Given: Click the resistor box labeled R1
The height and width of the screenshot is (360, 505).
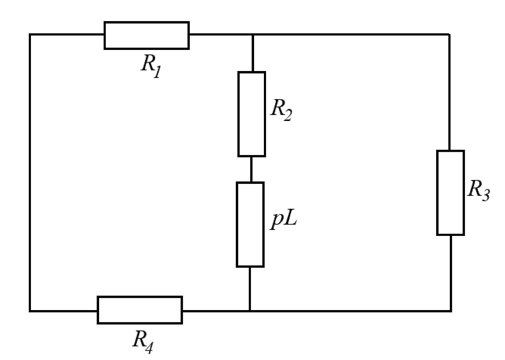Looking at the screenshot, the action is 147,36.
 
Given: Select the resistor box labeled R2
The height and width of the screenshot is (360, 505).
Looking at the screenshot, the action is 252,114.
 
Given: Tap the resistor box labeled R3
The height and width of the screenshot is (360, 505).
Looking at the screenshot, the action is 451,193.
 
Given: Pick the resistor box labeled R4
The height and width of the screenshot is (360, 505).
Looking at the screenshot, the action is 140,310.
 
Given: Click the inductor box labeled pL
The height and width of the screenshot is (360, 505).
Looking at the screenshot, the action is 250,225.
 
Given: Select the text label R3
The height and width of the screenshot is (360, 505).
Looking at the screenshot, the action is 478,190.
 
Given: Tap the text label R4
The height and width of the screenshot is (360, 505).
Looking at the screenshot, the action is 143,342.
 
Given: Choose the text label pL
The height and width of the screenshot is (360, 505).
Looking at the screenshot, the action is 283,222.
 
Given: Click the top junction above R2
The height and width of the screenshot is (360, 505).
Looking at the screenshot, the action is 253,34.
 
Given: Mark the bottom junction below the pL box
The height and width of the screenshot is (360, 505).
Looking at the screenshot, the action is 250,311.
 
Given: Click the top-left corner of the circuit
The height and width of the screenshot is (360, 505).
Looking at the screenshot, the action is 30,34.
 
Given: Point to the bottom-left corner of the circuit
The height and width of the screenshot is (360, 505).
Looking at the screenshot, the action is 30,311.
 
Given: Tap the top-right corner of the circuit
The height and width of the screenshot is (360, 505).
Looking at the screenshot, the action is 449,34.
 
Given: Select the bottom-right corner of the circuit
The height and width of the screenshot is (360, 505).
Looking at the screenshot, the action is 451,311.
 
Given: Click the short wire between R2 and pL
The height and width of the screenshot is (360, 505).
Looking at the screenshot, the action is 251,169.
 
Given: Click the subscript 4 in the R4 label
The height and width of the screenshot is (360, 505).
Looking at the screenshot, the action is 149,348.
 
